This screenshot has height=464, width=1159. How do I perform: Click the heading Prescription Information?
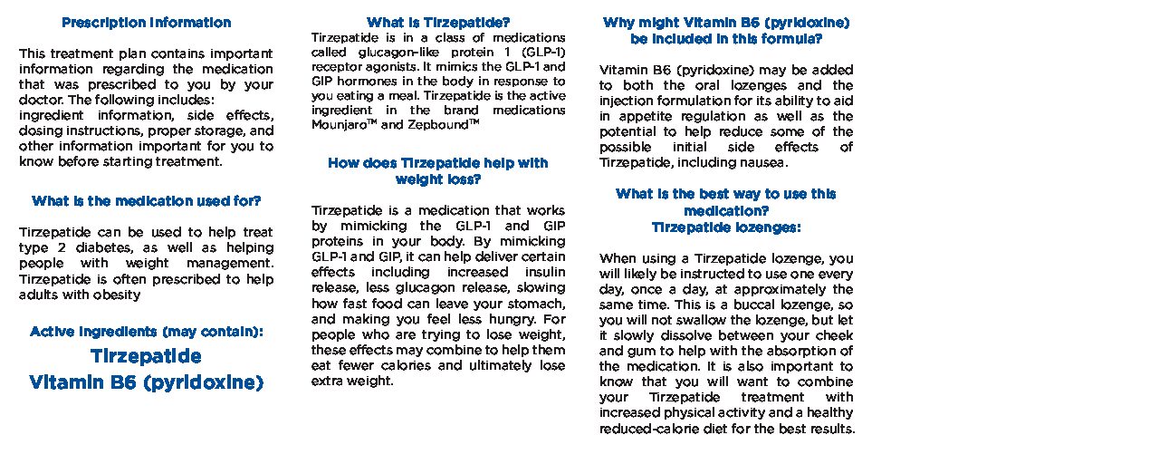point(146,23)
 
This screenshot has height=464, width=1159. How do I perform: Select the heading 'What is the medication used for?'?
point(146,201)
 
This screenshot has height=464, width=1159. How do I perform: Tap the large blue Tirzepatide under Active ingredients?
point(146,356)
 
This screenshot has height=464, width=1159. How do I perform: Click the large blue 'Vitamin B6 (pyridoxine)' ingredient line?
point(146,383)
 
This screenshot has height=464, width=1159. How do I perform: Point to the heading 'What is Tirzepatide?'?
point(438,23)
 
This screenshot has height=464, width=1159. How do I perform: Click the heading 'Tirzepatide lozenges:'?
point(726,227)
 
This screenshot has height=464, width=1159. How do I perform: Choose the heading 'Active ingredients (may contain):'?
point(146,332)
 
